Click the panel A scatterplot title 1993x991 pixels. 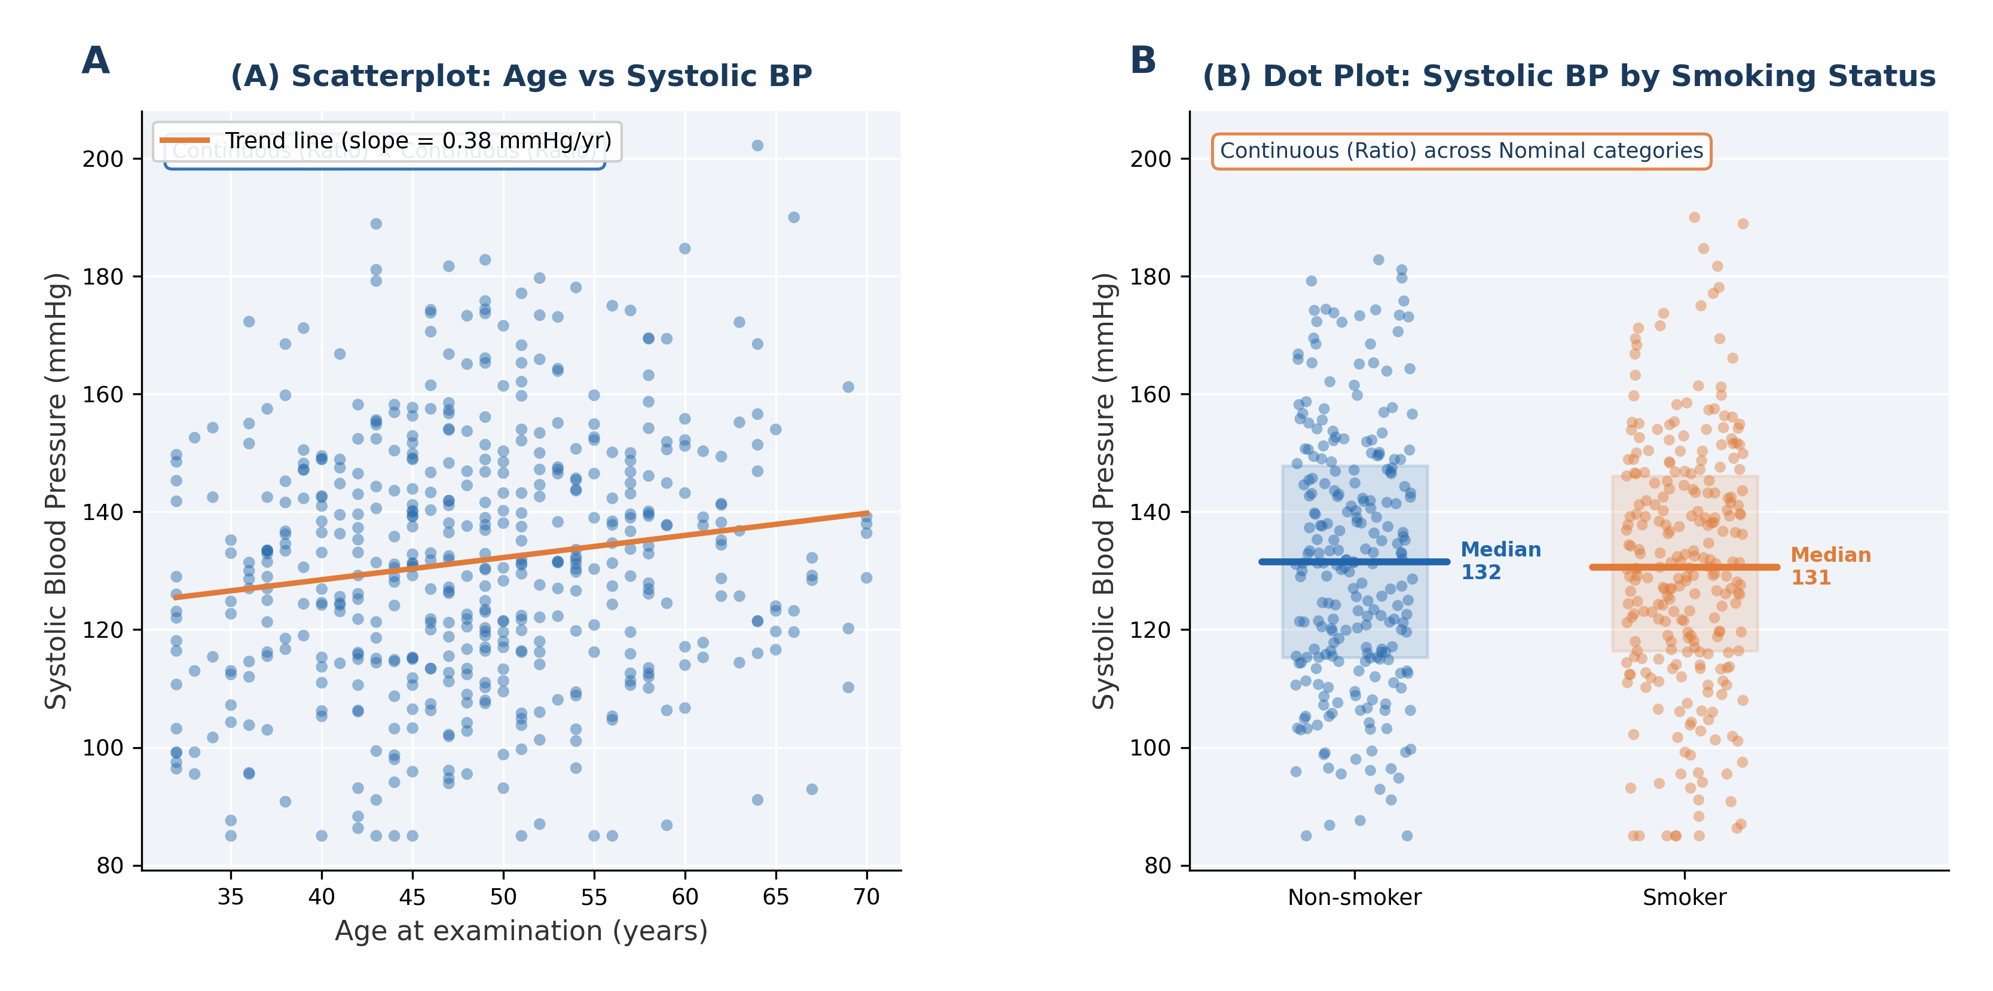pyautogui.click(x=521, y=76)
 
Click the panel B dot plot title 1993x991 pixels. pyautogui.click(x=1568, y=76)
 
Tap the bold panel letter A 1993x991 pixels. pyautogui.click(x=95, y=60)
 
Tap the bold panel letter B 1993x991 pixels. pyautogui.click(x=1143, y=60)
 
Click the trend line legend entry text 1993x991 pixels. pyautogui.click(x=418, y=141)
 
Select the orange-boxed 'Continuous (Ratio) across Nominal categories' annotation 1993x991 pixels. pyautogui.click(x=1461, y=151)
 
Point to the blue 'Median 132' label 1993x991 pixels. pyautogui.click(x=1500, y=561)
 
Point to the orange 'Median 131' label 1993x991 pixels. pyautogui.click(x=1830, y=566)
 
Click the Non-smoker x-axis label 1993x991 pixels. pyautogui.click(x=1354, y=897)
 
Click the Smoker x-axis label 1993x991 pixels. pyautogui.click(x=1685, y=897)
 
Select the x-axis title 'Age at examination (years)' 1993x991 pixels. pyautogui.click(x=521, y=931)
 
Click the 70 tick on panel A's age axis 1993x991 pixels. pyautogui.click(x=867, y=897)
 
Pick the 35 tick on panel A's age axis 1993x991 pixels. pyautogui.click(x=231, y=897)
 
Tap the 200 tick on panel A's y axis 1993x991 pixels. pyautogui.click(x=103, y=160)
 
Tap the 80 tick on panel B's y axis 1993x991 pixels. pyautogui.click(x=1157, y=865)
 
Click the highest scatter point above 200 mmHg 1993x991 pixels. pyautogui.click(x=757, y=145)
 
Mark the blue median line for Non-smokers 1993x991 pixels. pyautogui.click(x=1354, y=562)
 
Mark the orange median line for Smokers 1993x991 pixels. pyautogui.click(x=1685, y=567)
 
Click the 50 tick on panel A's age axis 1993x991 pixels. pyautogui.click(x=503, y=897)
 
